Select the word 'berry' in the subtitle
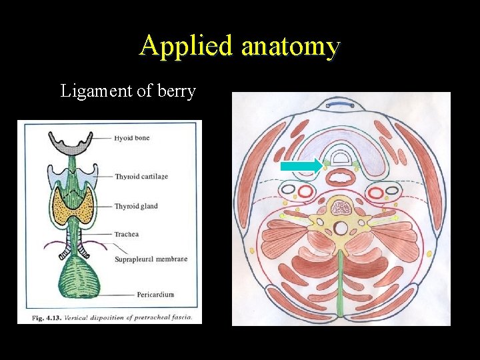coord(175,91)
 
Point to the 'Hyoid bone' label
coord(132,138)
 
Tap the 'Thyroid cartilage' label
coord(141,177)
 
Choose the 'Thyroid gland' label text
coord(137,206)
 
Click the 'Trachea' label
coord(127,234)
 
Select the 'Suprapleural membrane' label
coord(151,259)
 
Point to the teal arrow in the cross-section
coord(300,165)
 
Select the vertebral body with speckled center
coord(341,207)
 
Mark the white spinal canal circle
coord(341,229)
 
